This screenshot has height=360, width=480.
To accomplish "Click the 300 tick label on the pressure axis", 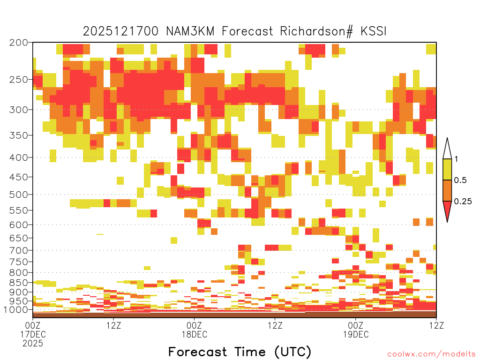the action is pos(18,110).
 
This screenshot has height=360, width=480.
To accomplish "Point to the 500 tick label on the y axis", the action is pos(18,195).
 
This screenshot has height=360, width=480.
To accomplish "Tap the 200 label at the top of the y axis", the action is pos(18,43).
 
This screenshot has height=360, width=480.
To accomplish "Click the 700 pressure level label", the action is pos(18,250).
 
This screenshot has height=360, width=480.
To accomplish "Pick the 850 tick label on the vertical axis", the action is pos(18,283).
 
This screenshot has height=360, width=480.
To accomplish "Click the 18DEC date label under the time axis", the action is pos(195,334).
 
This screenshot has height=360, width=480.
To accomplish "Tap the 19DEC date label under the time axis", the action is pos(356,334).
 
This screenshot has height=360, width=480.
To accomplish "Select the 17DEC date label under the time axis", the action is pos(33,334).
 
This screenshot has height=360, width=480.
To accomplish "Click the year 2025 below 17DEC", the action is pos(33,344).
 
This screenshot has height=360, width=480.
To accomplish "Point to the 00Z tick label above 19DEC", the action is pos(356,325).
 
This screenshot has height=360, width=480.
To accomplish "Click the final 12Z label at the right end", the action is pos(436,325).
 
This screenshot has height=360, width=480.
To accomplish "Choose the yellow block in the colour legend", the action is pos(447,169).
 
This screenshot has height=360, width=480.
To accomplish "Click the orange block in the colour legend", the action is pos(447,190).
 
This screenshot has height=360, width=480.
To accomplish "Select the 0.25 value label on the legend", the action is pos(463,201).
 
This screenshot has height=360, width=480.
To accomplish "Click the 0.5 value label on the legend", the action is pos(460,180).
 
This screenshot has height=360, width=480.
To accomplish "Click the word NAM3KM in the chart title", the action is pos(190,31).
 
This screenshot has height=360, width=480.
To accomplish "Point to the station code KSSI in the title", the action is pos(373,31).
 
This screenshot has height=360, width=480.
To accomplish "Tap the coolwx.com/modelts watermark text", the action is pos(431,354).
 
